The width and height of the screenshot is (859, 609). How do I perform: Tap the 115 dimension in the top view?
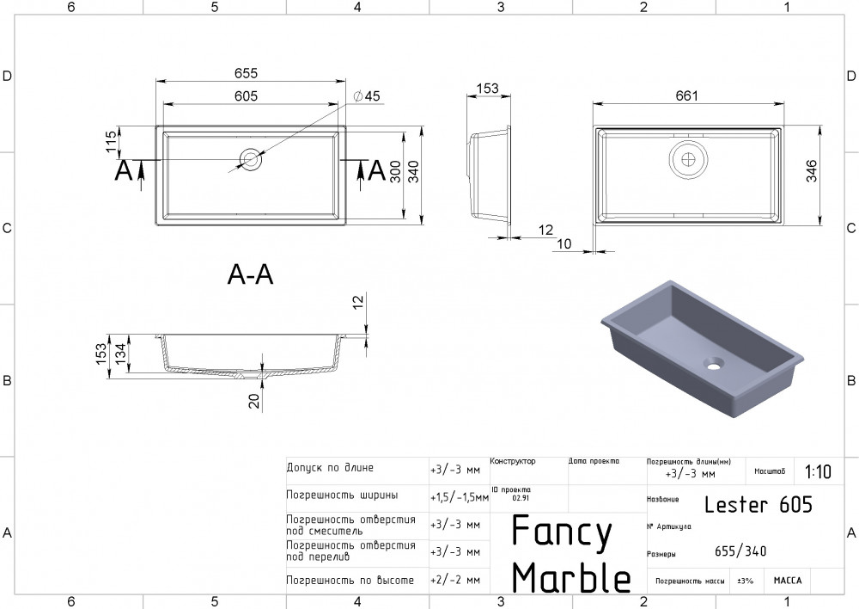[x=111, y=141]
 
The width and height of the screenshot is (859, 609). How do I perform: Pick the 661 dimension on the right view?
[x=685, y=95]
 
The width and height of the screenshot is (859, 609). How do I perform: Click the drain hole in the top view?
[x=251, y=159]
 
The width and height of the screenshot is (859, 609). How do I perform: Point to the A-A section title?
[x=250, y=274]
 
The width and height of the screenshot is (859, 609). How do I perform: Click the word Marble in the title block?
[x=571, y=577]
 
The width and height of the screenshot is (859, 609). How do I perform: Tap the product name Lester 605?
[x=758, y=504]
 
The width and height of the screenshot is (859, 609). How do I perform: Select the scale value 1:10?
[x=818, y=471]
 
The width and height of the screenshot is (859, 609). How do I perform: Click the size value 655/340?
[x=740, y=551]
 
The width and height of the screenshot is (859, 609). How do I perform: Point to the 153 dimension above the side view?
[x=487, y=88]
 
